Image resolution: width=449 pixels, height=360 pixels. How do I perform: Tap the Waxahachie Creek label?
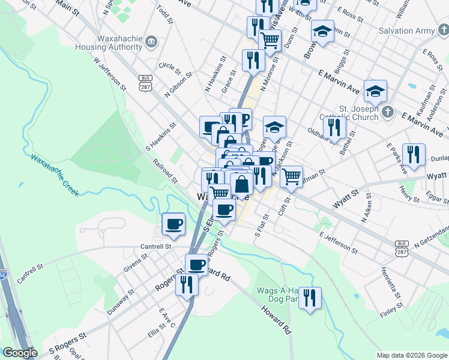point(55,175)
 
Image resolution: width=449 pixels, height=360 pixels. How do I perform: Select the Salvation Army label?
point(406,31)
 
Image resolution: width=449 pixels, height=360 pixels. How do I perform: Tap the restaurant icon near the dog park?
point(310,298)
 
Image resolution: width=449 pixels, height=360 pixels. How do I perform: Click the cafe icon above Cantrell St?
point(173,224)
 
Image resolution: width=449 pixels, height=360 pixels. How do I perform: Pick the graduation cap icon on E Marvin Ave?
point(375,91)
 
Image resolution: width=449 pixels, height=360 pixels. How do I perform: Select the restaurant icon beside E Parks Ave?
point(414,155)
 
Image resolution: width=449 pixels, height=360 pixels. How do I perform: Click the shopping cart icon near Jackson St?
point(291,176)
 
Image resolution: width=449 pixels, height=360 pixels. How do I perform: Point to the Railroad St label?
point(166,172)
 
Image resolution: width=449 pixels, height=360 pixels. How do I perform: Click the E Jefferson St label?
point(339,242)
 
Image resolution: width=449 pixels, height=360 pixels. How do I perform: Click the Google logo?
point(19,353)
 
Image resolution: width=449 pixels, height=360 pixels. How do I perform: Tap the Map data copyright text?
point(412,355)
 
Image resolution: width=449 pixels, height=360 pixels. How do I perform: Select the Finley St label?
point(391,312)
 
